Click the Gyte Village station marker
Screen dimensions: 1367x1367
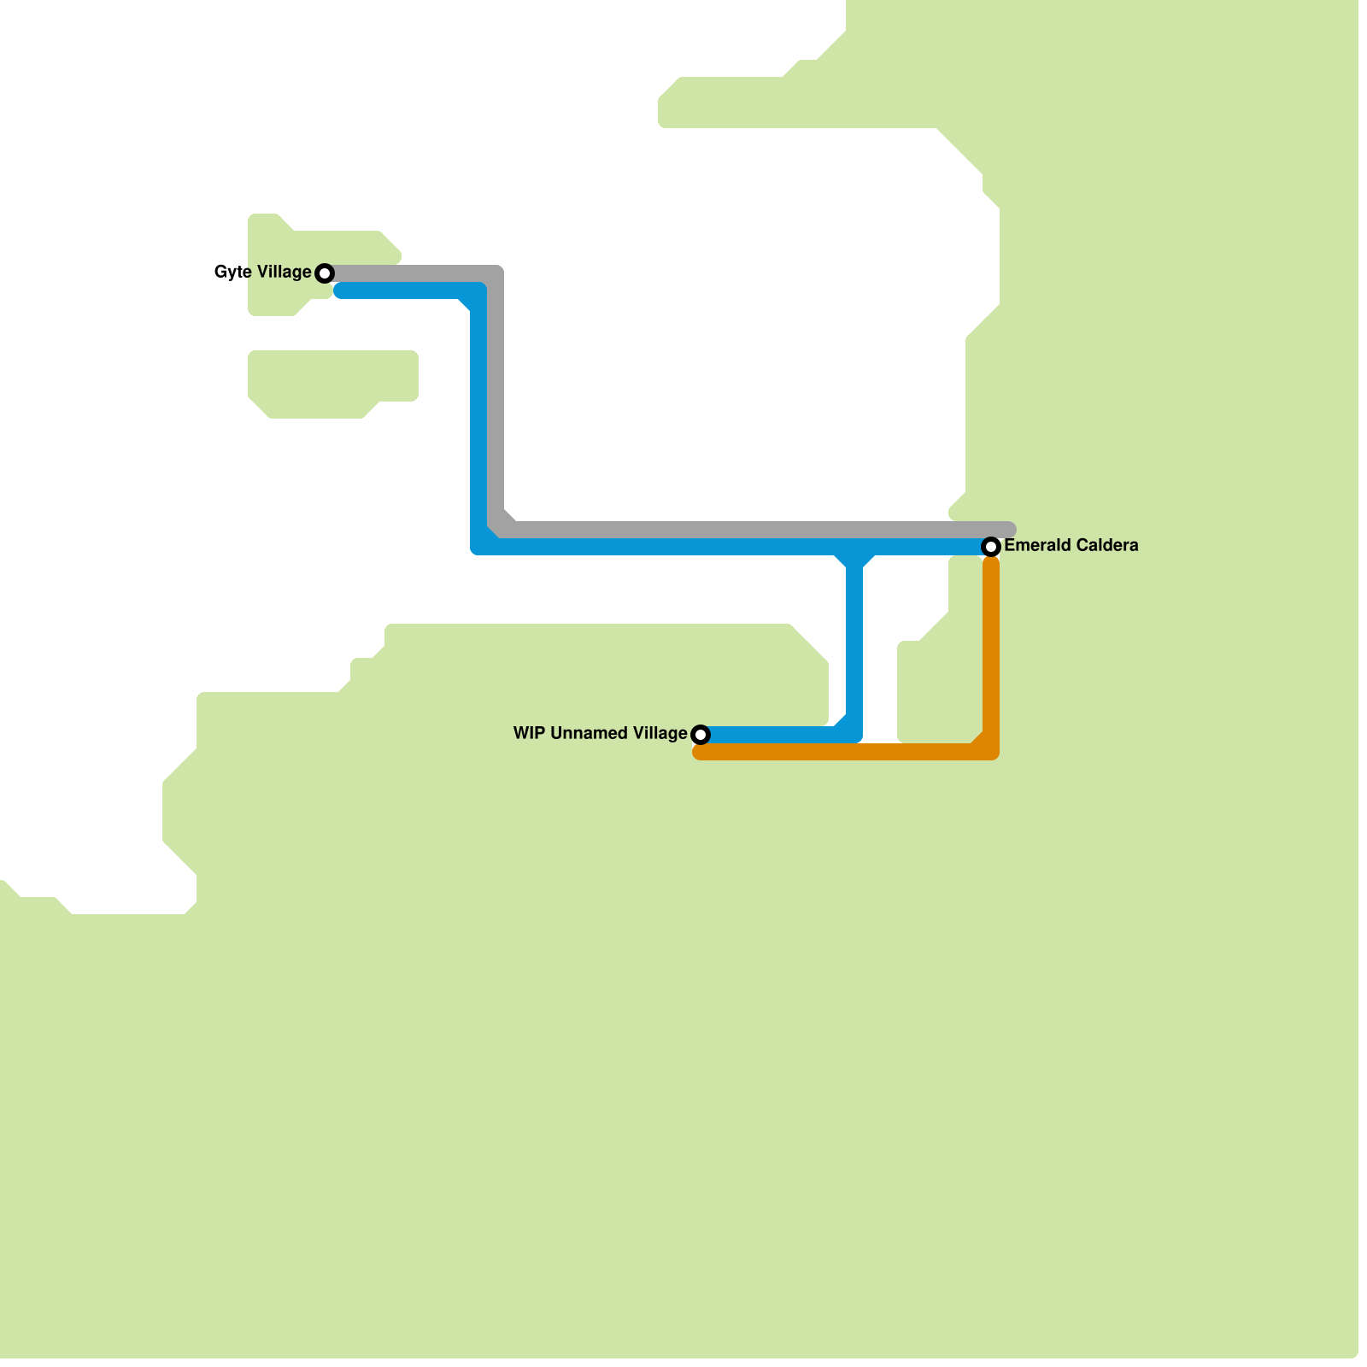325,273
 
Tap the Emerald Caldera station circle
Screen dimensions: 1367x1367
991,547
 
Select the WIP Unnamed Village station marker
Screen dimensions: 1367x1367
701,735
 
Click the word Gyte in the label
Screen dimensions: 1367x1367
233,273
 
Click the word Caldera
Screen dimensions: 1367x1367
1106,546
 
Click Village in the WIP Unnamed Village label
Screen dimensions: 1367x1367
661,734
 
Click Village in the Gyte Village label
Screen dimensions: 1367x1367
285,273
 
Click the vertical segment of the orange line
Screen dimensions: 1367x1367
991,649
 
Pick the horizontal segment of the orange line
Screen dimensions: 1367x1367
837,752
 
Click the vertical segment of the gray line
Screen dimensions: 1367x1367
496,393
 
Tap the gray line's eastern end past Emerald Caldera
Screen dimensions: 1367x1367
1009,530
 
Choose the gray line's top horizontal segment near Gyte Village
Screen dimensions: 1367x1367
410,273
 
